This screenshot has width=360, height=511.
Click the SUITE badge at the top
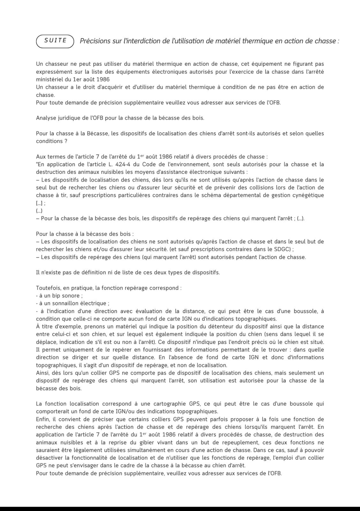(x=55, y=41)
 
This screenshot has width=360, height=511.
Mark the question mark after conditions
(x=66, y=141)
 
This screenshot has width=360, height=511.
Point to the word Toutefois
(x=47, y=288)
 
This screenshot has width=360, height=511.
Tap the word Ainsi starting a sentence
(x=42, y=373)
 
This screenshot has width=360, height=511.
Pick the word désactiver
(x=49, y=458)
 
